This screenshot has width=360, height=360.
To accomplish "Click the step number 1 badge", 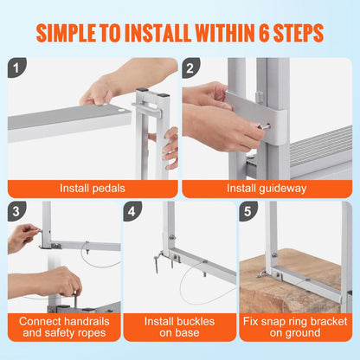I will [17, 67].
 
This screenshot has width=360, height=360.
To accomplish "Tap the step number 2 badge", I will [192, 67].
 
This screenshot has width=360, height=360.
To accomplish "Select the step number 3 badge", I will [17, 210].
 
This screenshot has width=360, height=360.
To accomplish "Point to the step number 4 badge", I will [132, 210].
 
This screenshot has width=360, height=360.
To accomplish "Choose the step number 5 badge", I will [247, 210].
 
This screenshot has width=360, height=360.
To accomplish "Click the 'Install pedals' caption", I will [92, 187].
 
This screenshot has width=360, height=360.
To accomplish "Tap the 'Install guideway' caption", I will [267, 187].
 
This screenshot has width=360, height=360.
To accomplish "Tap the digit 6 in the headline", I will [260, 34].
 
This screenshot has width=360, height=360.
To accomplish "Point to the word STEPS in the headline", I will [297, 34].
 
